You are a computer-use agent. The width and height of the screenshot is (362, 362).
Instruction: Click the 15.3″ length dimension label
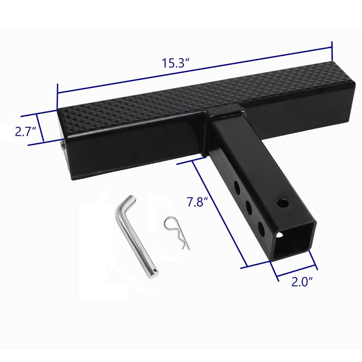(x=176, y=63)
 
